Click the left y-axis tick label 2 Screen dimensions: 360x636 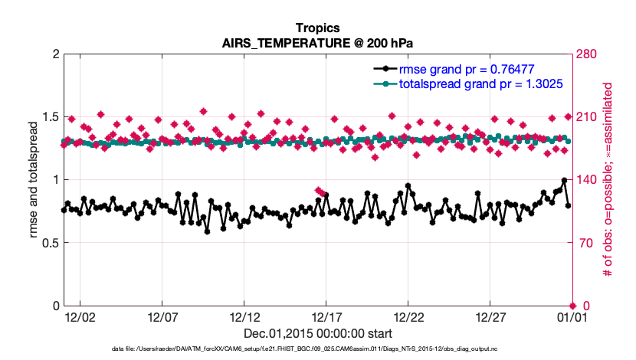pyautogui.click(x=53, y=54)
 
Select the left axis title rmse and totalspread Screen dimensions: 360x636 pyautogui.click(x=34, y=180)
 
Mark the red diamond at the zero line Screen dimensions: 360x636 pyautogui.click(x=572, y=306)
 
